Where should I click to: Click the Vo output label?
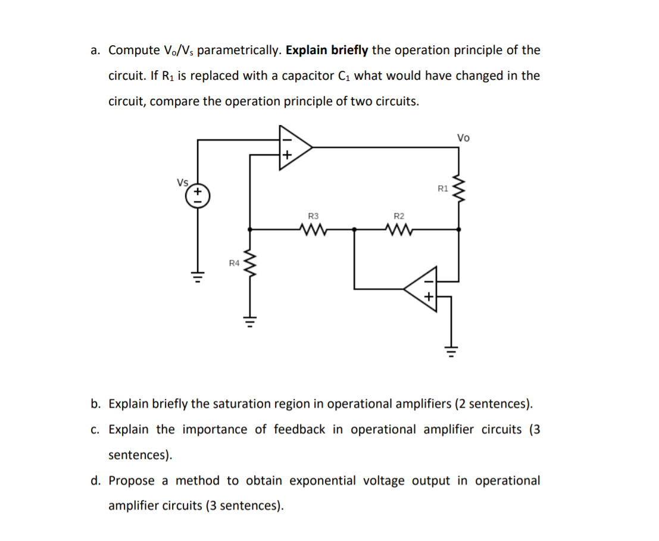click(x=463, y=138)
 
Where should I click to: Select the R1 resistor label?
click(x=442, y=189)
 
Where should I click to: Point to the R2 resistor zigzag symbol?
click(x=399, y=229)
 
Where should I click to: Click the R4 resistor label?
click(x=235, y=262)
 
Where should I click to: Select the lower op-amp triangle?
click(x=422, y=289)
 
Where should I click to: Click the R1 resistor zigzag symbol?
click(x=458, y=189)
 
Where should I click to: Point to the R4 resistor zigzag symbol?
click(x=249, y=263)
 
